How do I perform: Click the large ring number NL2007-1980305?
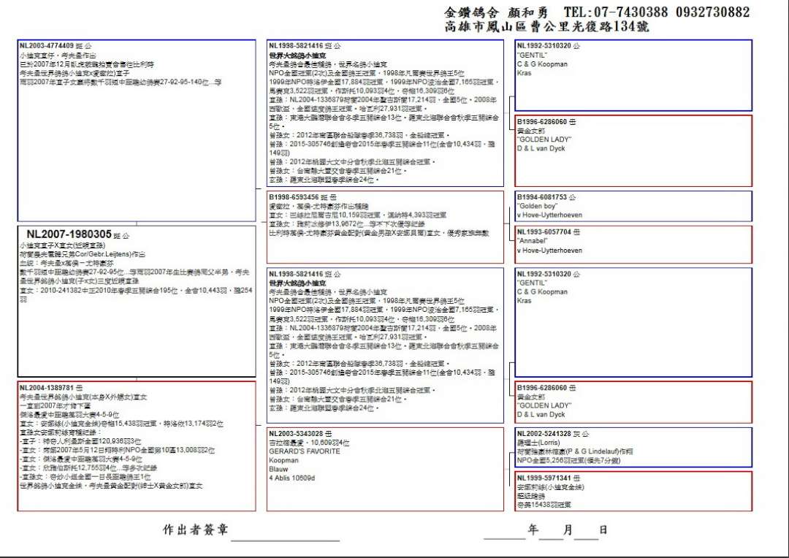point(69,234)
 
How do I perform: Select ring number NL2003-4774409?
point(46,45)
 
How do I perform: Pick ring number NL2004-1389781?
point(46,387)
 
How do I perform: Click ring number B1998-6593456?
point(294,197)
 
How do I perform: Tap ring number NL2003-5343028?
point(296,434)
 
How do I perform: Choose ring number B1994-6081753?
point(544,197)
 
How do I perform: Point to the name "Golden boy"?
point(537,206)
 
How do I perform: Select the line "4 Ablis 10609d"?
point(292,478)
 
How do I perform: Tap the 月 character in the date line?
point(568,530)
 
